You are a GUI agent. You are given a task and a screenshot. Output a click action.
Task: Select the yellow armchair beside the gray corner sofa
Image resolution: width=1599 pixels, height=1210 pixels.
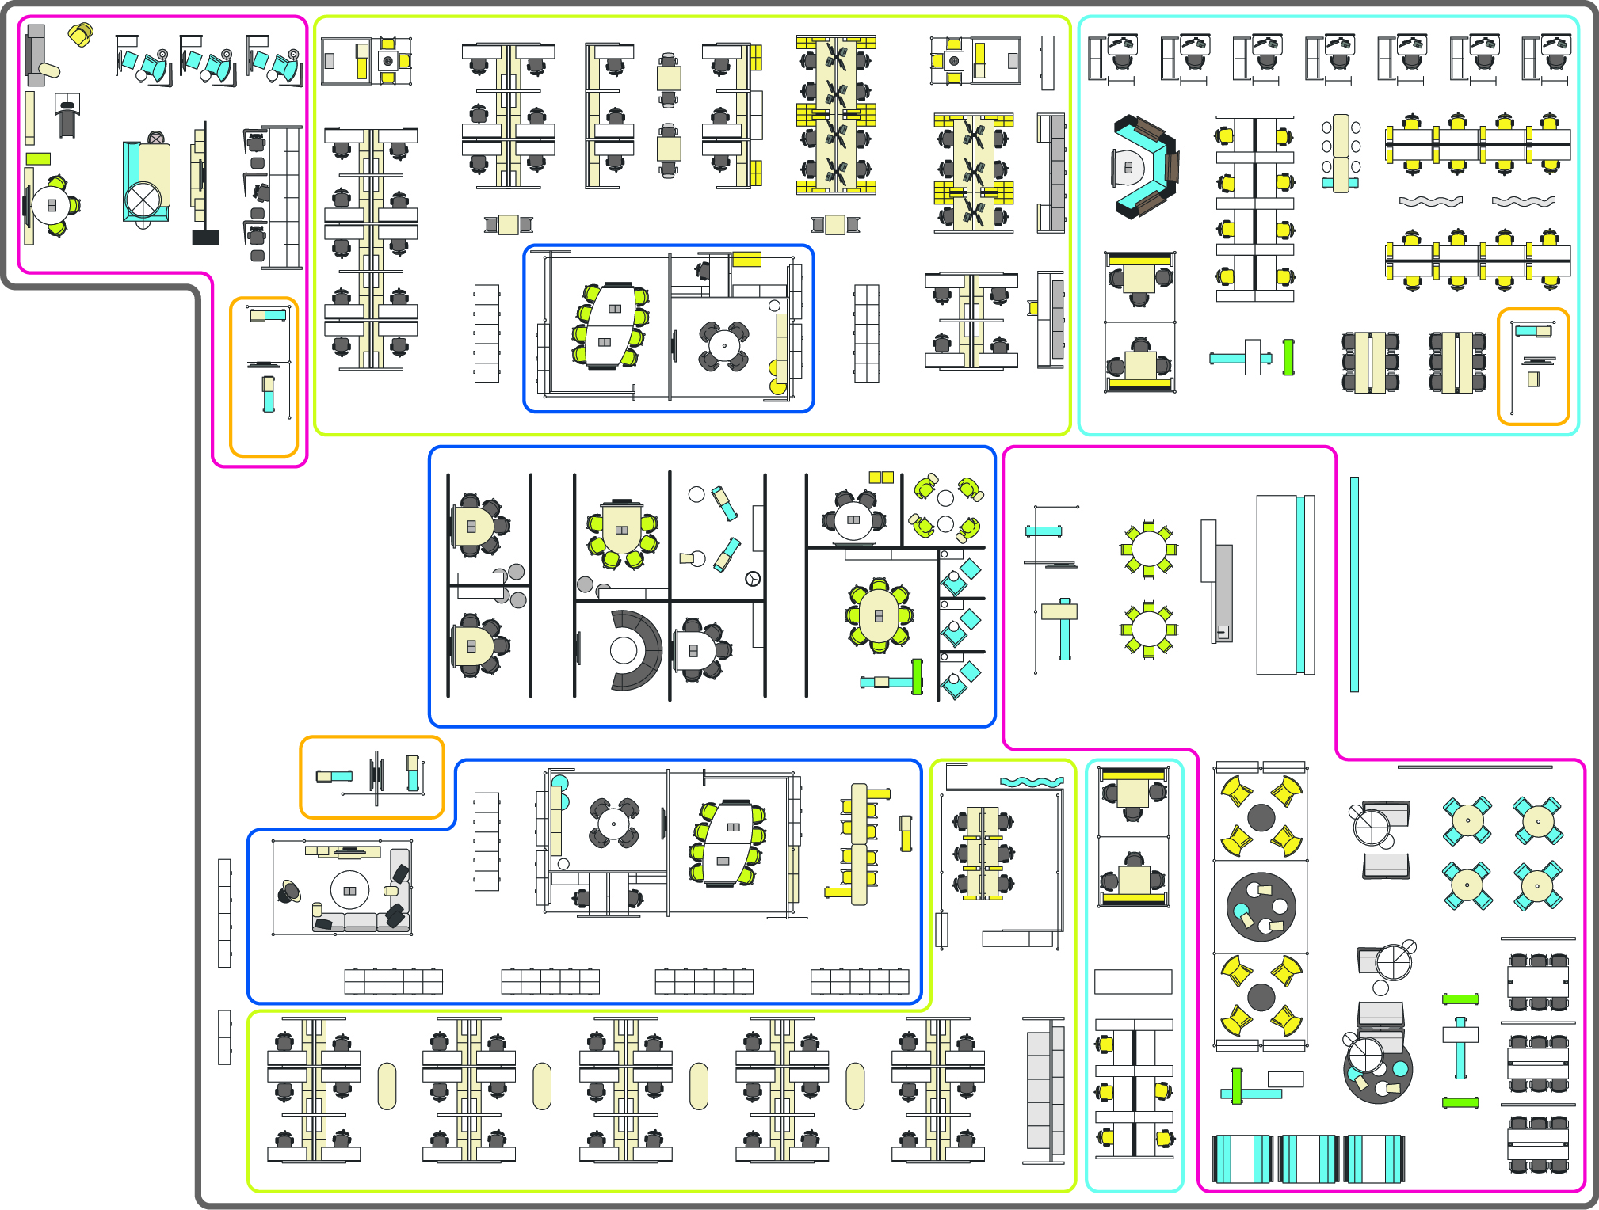80,35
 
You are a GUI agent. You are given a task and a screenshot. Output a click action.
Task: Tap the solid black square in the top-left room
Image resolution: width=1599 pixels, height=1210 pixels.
206,237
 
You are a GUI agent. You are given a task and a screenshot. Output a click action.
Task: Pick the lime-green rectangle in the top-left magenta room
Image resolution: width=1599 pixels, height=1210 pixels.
38,158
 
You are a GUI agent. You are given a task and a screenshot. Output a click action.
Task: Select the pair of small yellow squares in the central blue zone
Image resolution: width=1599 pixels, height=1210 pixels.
881,477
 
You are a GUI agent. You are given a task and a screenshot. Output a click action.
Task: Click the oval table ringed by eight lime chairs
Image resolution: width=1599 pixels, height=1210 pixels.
879,615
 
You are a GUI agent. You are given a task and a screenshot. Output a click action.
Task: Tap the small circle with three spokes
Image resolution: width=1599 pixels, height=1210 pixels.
753,579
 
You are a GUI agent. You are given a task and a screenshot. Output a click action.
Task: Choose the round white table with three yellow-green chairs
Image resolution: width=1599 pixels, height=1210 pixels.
52,205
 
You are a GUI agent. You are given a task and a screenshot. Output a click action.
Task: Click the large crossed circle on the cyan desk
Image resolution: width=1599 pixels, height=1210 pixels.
143,199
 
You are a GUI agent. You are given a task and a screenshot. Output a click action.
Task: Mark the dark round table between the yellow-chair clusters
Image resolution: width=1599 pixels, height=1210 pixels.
1261,907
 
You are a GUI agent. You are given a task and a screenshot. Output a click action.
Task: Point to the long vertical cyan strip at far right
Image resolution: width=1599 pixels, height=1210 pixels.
1354,584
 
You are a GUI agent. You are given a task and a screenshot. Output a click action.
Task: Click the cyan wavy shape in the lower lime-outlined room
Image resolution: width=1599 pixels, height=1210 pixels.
1032,782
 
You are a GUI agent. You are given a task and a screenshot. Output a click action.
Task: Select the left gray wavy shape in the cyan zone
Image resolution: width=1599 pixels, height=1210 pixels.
1431,201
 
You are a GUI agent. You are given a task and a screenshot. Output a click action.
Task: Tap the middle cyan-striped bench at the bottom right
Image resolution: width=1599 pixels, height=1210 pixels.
1308,1159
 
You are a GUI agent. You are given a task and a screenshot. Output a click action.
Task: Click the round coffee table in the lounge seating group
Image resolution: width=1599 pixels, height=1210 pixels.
349,891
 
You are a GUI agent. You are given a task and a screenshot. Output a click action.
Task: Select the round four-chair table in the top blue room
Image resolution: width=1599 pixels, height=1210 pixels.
724,345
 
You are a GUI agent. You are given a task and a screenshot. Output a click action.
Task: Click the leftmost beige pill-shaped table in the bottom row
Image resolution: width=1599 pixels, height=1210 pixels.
387,1086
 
